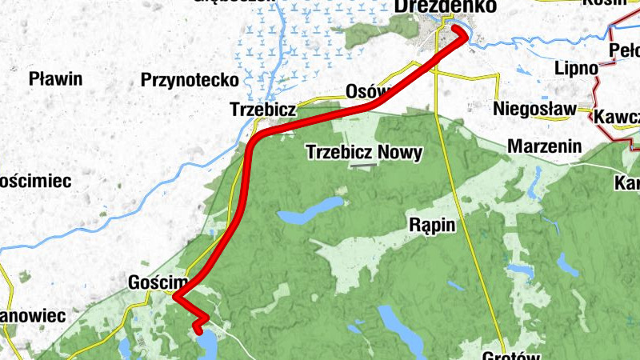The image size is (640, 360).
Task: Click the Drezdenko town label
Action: tap(434, 6)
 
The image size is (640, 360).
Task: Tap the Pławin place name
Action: tap(56, 79)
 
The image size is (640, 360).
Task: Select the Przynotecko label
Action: tap(190, 80)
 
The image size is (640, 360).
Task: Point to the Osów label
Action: tap(366, 90)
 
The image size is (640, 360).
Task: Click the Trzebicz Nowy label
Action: tap(365, 152)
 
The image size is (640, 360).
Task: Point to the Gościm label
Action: tap(157, 282)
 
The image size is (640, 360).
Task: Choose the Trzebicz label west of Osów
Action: tap(263, 108)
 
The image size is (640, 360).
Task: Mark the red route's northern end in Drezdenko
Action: tap(458, 30)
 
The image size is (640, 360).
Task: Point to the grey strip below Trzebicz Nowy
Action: tap(364, 166)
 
